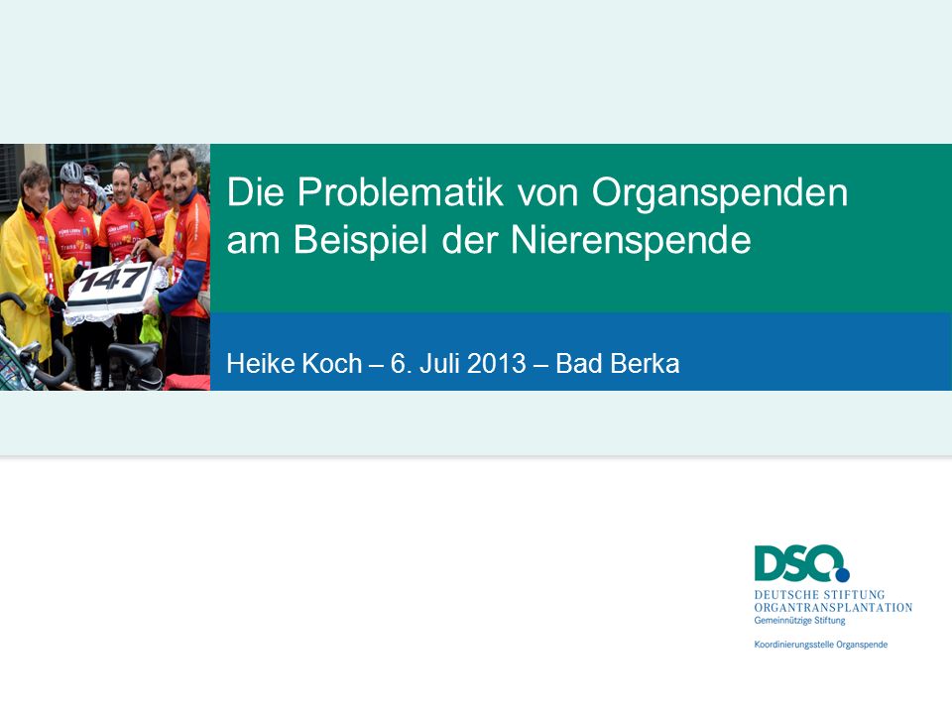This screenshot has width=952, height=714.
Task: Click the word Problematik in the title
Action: pos(400,192)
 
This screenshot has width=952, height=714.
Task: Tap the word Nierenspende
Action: pos(631,242)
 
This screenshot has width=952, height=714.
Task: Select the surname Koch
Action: pos(331,364)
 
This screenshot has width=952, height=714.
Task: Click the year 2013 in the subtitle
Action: pos(496,364)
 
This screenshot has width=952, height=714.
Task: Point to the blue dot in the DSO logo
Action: pos(842,574)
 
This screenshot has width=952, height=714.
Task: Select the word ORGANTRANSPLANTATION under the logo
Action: pos(833,607)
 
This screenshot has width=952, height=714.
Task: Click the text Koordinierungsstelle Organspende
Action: pos(821,645)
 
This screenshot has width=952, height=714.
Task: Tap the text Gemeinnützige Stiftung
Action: pos(799,621)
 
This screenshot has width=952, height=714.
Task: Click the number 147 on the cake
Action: pos(114,281)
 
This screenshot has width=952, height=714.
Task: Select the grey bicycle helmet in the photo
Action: pos(71,173)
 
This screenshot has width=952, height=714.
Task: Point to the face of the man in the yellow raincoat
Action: pos(35,188)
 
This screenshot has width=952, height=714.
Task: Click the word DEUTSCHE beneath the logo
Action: pos(785,594)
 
